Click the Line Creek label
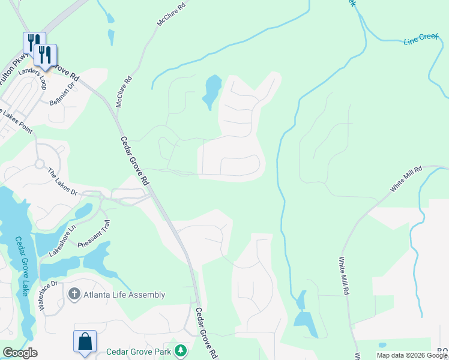coord(421,40)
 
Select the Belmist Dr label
coord(62,94)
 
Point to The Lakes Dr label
coord(63,182)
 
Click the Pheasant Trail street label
coord(94,235)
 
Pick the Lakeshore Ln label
coord(63,241)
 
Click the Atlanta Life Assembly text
coord(124,295)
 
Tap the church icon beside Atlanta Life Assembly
coord(74,294)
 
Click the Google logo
coord(20,353)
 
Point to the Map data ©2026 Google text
coord(412,355)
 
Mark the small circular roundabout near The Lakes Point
coord(40,163)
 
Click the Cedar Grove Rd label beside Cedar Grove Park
coord(206,333)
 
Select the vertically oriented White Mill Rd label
coord(343,276)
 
